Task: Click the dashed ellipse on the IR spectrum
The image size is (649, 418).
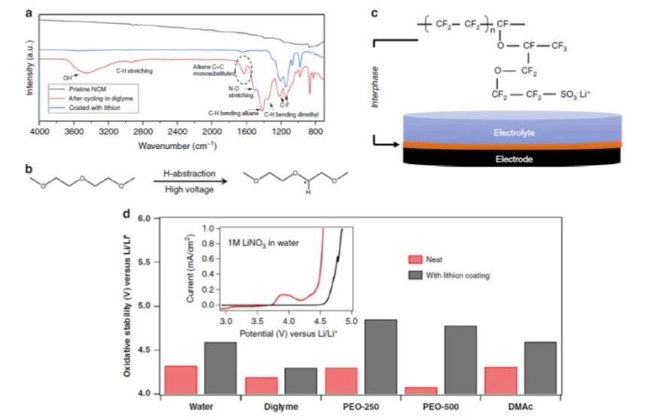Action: coord(246,70)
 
